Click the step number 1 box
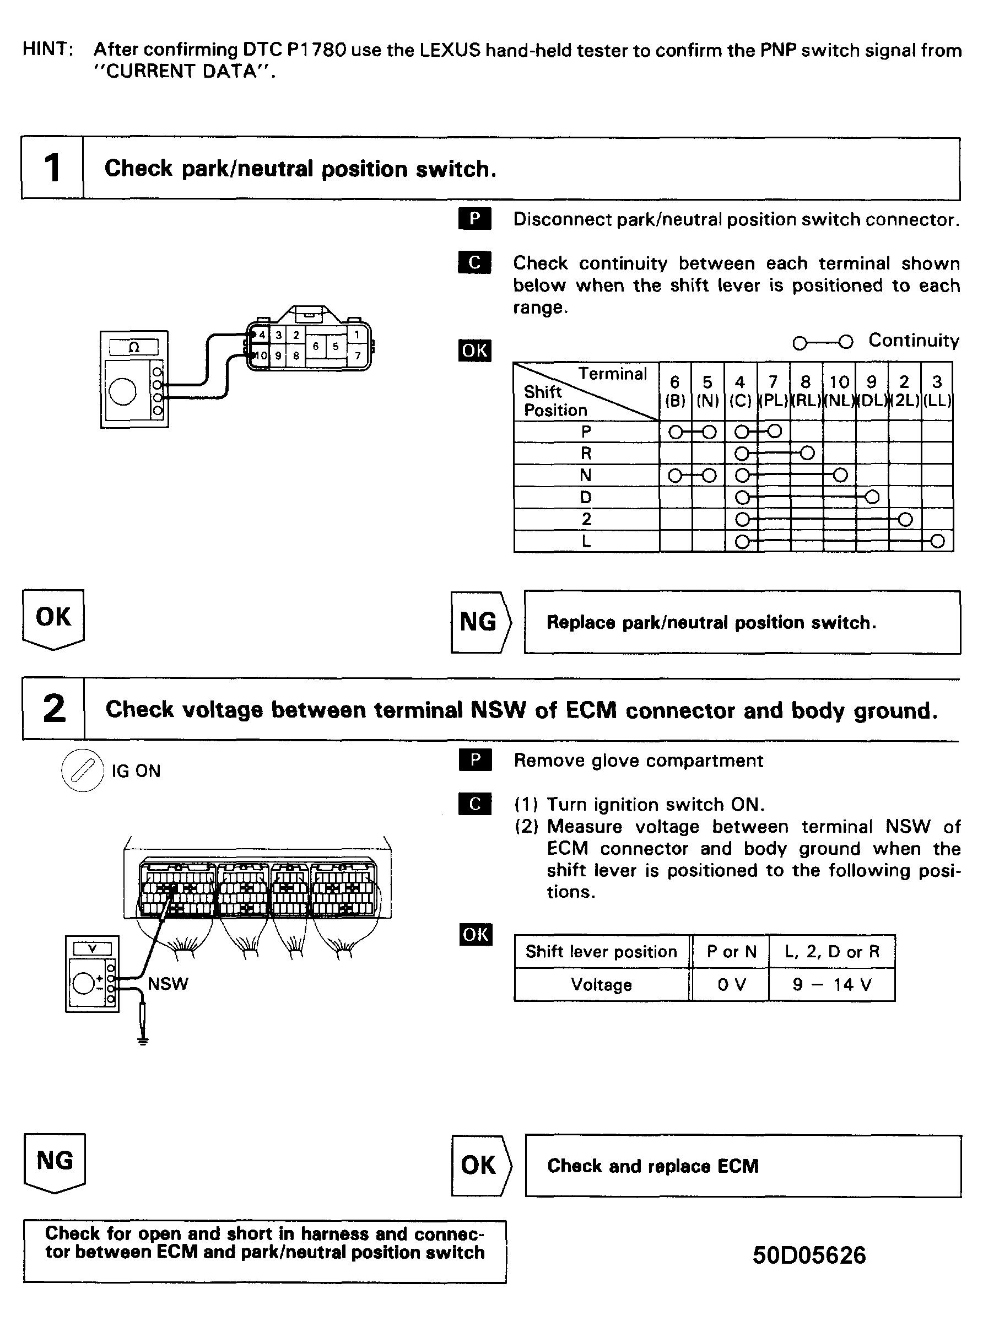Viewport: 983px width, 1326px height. pos(52,168)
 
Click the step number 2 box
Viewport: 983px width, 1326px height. pos(53,708)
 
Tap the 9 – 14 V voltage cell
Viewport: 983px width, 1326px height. pos(831,985)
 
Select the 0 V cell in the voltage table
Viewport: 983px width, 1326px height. pos(731,985)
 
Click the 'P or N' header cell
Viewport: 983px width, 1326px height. pos(731,952)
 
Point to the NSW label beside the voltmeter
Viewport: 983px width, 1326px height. pos(168,984)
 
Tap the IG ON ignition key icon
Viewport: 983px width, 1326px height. pos(83,770)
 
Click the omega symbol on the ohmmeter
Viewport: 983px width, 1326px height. pos(134,347)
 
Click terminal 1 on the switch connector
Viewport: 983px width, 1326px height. pos(357,335)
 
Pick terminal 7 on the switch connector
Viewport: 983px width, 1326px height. pos(358,356)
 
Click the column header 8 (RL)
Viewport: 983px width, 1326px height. pos(806,391)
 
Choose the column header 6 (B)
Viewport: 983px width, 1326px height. pos(675,391)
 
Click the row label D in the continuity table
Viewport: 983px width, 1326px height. pos(586,497)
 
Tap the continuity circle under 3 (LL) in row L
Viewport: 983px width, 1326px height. pos(937,541)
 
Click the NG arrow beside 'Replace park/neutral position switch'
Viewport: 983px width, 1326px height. pos(479,622)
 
